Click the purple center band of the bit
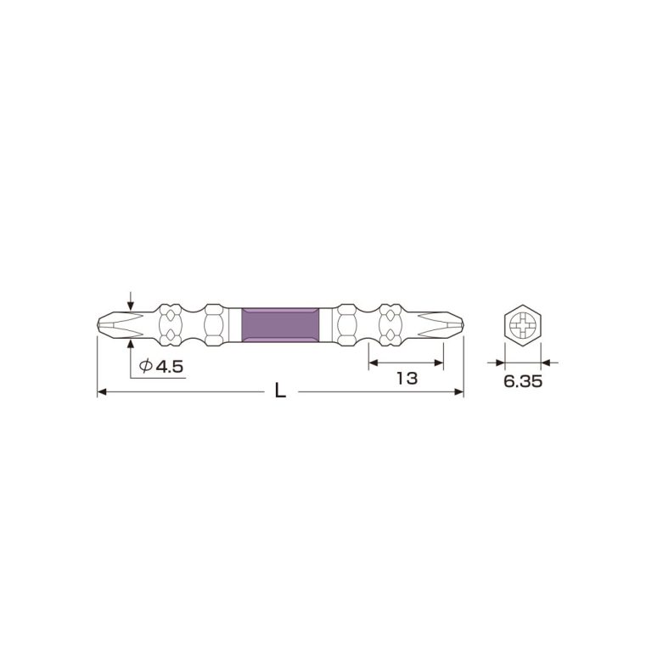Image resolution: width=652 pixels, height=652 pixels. [x=281, y=323]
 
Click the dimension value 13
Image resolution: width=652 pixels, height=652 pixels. [x=407, y=379]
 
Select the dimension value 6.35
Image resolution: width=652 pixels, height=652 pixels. [x=522, y=382]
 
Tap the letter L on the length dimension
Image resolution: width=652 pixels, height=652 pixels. [x=281, y=392]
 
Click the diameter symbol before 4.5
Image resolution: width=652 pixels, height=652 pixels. [x=145, y=365]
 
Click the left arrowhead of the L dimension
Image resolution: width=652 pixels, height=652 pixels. [x=102, y=392]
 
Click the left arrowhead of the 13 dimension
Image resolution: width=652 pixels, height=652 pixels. [x=372, y=363]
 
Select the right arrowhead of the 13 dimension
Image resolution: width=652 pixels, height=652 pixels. [x=441, y=363]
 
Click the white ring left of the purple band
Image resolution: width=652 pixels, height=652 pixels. [x=236, y=323]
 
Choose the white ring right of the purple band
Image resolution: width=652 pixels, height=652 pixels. [x=325, y=323]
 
